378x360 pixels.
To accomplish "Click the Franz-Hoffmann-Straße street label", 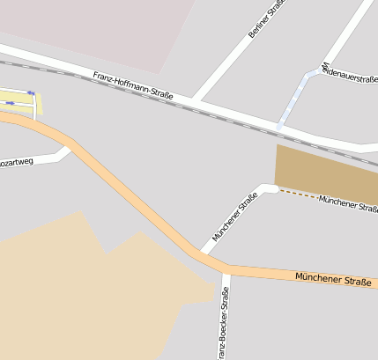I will click(x=132, y=84).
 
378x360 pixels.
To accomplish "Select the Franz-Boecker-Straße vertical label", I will click(x=225, y=326).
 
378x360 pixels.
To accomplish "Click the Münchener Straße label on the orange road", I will click(x=333, y=279).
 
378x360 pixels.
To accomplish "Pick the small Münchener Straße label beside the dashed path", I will click(x=348, y=203).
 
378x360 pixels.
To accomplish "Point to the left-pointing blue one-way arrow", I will click(x=31, y=92).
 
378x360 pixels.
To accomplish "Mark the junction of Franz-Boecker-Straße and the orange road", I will click(x=226, y=268).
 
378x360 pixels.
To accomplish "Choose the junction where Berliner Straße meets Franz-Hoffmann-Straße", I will click(x=195, y=99).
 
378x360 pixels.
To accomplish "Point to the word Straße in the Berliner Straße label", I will click(x=270, y=11).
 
